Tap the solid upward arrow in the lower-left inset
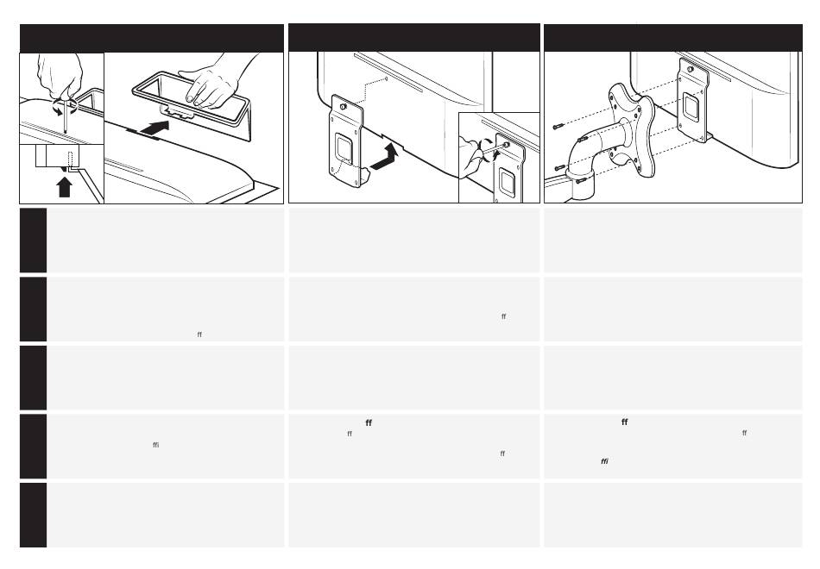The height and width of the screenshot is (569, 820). [x=63, y=185]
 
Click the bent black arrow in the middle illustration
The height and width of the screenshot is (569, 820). [x=385, y=156]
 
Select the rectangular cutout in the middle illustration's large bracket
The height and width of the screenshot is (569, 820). [x=344, y=147]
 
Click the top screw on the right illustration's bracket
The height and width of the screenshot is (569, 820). [x=689, y=68]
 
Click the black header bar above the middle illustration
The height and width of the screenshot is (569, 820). [x=413, y=38]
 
